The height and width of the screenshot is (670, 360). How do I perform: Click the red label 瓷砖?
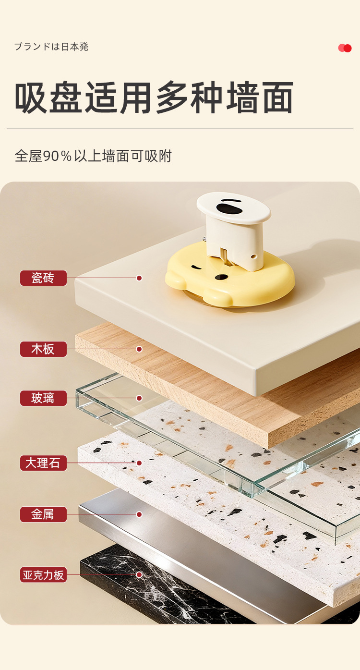43,278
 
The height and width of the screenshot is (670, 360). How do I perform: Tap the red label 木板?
43,349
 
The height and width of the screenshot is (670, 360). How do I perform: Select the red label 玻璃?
43,398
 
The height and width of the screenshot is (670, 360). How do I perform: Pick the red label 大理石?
43,463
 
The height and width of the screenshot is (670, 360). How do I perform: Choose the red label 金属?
43,514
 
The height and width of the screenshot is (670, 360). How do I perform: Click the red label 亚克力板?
43,574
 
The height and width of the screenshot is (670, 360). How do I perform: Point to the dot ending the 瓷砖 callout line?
139,278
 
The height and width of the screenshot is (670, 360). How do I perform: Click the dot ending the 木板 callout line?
139,349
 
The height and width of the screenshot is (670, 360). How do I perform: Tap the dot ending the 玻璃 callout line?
139,398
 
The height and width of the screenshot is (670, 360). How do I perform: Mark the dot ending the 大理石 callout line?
139,463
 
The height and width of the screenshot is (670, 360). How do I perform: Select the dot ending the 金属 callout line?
139,514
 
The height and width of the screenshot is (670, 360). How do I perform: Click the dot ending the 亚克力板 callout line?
139,574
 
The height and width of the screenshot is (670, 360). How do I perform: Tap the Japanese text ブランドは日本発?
51,47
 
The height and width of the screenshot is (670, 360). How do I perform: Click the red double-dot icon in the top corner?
345,48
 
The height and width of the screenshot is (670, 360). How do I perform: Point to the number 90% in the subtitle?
58,156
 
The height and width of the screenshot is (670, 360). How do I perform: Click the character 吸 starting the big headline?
31,97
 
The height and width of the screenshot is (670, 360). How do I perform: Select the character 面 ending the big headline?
277,97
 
